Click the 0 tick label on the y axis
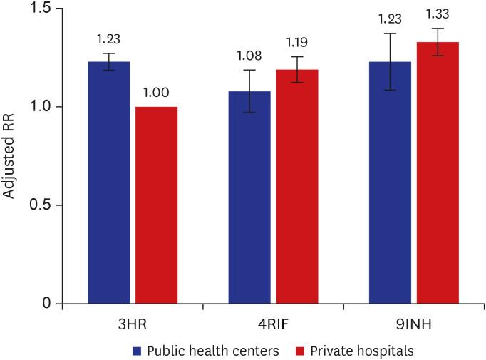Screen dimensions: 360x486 tap(48, 304)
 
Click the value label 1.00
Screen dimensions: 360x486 tap(156, 92)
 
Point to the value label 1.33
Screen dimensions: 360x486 tap(438, 14)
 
